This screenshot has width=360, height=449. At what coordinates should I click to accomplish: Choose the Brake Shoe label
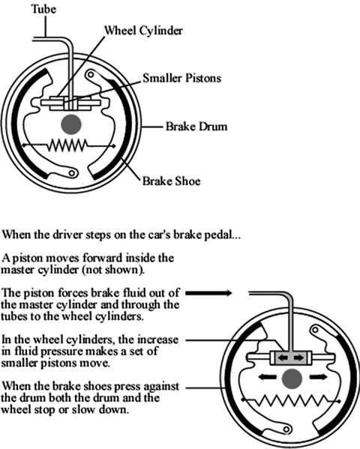coord(172,181)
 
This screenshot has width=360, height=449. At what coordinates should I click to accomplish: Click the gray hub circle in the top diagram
coord(72,124)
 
